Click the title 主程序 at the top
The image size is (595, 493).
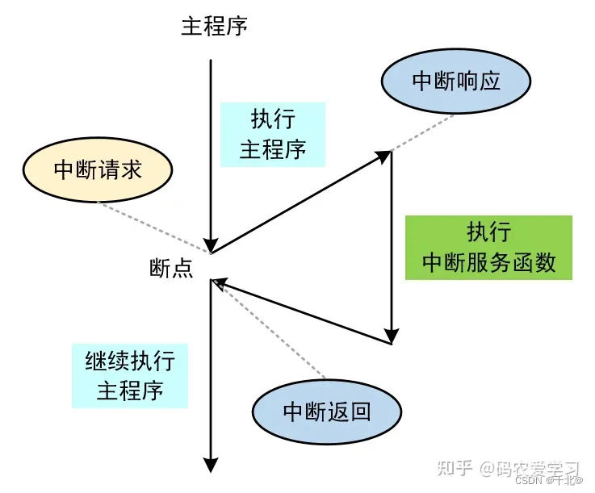[x=214, y=26]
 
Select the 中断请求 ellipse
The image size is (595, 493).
[x=97, y=169]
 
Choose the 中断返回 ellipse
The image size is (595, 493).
[x=327, y=412]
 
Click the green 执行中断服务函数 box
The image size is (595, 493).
[x=488, y=248]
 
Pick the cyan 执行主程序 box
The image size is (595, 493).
[x=273, y=135]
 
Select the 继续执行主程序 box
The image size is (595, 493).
[x=130, y=375]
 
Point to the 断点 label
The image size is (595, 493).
[x=171, y=268]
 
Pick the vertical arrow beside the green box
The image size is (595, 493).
[x=392, y=250]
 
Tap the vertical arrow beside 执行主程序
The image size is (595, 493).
[x=211, y=153]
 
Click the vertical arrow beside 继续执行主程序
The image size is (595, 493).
[x=211, y=371]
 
